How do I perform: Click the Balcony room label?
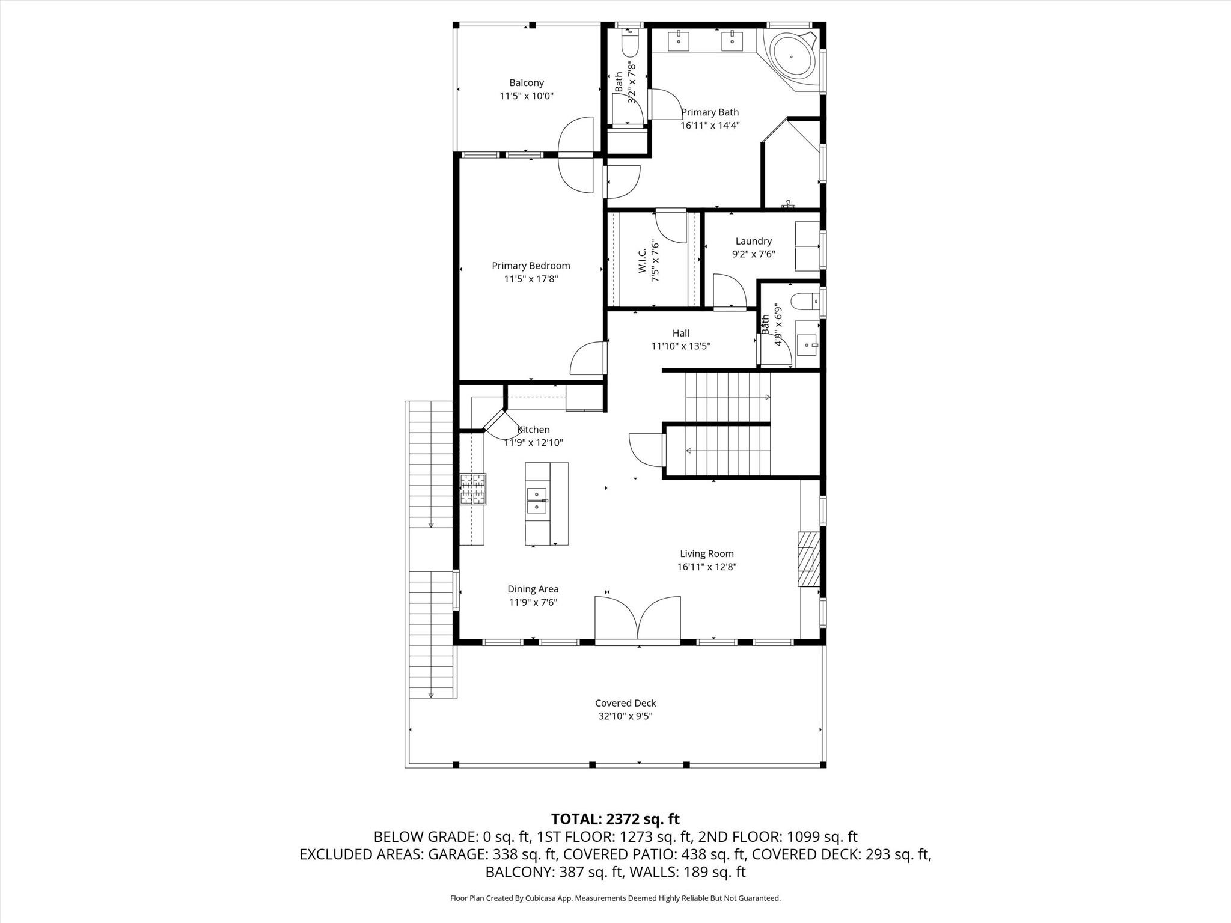527,83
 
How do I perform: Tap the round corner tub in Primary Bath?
791,56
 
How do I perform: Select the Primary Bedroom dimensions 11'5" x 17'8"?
531,279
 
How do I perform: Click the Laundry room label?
753,241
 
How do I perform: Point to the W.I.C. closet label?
642,261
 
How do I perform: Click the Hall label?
680,333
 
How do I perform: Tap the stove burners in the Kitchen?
473,489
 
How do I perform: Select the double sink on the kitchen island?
537,501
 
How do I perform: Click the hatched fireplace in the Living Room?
808,559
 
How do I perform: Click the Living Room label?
706,553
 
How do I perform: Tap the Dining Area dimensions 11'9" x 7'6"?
533,602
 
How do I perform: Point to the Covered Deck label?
625,703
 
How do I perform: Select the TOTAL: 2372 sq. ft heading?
615,819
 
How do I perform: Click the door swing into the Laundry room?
729,291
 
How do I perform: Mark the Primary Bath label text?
709,112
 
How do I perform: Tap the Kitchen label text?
533,430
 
